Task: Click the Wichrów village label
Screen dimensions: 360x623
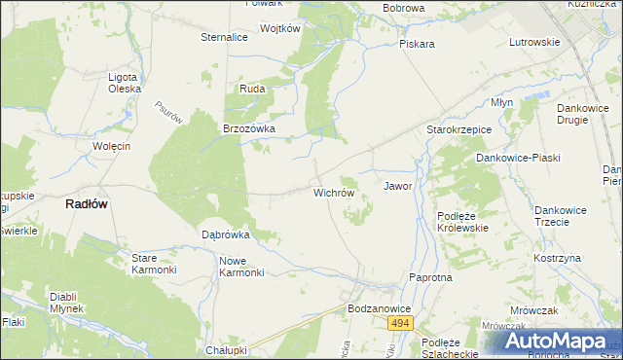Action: point(333,193)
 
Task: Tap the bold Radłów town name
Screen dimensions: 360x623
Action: point(86,204)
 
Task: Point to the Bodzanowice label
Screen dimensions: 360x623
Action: point(380,308)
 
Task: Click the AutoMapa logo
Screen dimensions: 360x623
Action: point(555,342)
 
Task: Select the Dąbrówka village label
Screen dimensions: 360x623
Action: point(226,234)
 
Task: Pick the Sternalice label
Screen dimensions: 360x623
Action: point(225,37)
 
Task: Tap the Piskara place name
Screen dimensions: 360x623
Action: point(416,44)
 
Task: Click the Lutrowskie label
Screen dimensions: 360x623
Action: point(534,43)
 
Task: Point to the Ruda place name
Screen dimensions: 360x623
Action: point(252,89)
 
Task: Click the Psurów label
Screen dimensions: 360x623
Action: point(169,112)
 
